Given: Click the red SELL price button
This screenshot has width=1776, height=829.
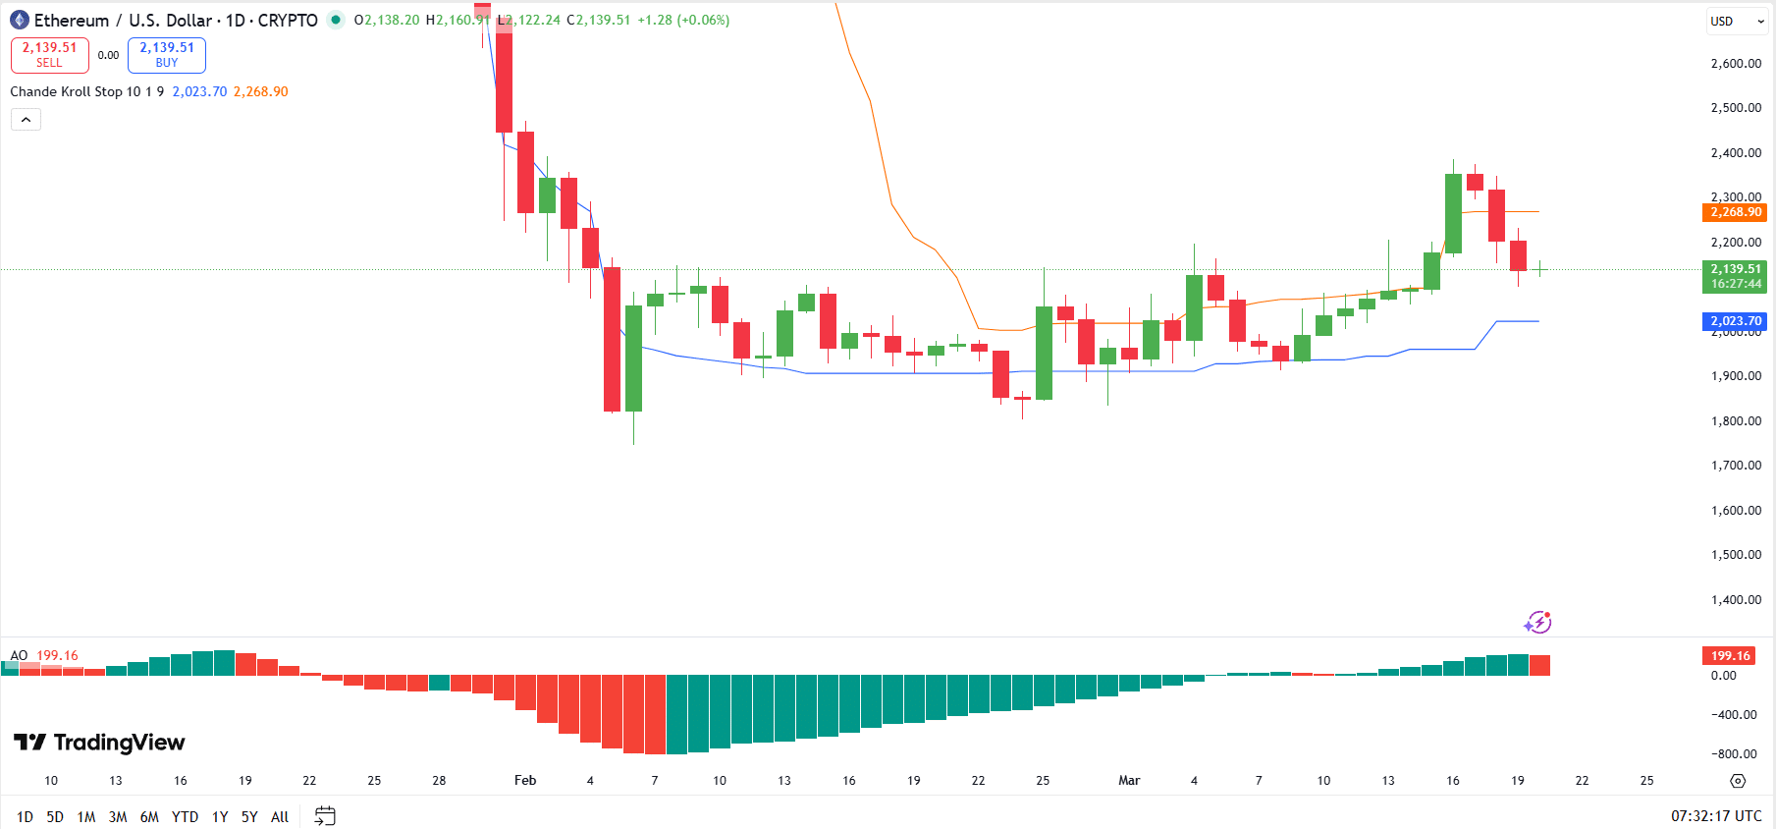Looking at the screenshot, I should [x=49, y=55].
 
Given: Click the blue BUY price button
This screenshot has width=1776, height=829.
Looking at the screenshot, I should [x=167, y=55].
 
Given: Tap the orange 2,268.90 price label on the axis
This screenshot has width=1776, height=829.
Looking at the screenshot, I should [x=1734, y=212].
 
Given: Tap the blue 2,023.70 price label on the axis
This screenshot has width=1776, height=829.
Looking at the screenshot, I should [x=1734, y=321].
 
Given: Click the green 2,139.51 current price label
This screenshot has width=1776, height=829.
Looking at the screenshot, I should [x=1734, y=275].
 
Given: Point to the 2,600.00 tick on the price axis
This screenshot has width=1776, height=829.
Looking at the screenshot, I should [x=1736, y=64].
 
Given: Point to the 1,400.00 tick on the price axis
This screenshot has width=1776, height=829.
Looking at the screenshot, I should [x=1736, y=600].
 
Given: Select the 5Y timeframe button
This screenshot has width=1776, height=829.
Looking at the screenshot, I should [x=249, y=816].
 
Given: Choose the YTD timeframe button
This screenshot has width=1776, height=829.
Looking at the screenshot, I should [x=185, y=816].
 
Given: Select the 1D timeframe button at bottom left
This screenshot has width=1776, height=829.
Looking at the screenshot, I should [x=25, y=816].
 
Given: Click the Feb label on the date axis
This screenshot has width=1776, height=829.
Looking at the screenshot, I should [x=525, y=781].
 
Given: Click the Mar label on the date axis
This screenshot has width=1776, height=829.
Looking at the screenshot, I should [x=1129, y=781].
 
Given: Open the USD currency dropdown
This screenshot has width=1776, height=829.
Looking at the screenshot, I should [x=1736, y=21].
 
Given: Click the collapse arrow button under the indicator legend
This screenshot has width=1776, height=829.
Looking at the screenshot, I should [x=26, y=120].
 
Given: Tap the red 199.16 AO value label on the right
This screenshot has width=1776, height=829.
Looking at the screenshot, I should [x=1729, y=655].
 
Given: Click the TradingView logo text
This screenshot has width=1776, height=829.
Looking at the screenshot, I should [x=118, y=743].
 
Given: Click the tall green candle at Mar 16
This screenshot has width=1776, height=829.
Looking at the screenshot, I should [x=1453, y=213].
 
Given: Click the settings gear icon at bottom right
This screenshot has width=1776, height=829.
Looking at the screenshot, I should [x=1738, y=781].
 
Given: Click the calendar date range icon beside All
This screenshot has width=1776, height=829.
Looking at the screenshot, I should [x=325, y=816].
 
